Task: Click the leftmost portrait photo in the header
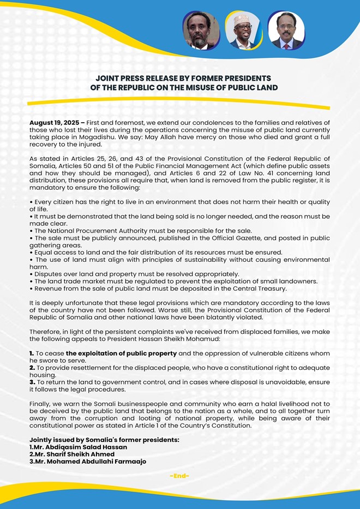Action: click(201, 31)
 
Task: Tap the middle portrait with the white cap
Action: click(244, 31)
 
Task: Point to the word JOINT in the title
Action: click(107, 78)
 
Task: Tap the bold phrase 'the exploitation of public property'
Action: click(121, 353)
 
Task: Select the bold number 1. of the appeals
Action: click(32, 353)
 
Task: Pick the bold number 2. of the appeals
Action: click(32, 368)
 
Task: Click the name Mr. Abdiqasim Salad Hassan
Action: click(81, 447)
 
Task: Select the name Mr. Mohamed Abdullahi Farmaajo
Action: click(91, 461)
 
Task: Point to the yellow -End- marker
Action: click(179, 476)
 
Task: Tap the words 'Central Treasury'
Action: click(255, 288)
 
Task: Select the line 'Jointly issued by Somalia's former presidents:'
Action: click(104, 440)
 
